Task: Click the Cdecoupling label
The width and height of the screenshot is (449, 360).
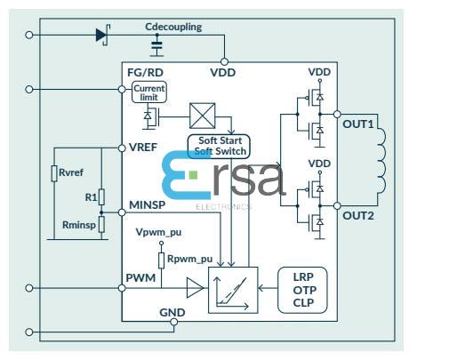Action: click(x=173, y=27)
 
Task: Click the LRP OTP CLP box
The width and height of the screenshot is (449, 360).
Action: click(x=302, y=290)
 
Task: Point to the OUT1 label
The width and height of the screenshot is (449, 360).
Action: click(x=358, y=123)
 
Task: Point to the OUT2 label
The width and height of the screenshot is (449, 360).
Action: click(x=358, y=215)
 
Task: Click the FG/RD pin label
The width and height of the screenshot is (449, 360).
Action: click(x=145, y=73)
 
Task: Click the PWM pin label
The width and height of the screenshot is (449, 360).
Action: click(x=140, y=279)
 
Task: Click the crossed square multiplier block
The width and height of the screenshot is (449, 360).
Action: click(x=200, y=116)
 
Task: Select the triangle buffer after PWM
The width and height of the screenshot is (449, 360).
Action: click(x=194, y=287)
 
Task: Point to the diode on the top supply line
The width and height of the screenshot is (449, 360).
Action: click(x=101, y=36)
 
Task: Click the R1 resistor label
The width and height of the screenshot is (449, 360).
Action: click(x=89, y=196)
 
